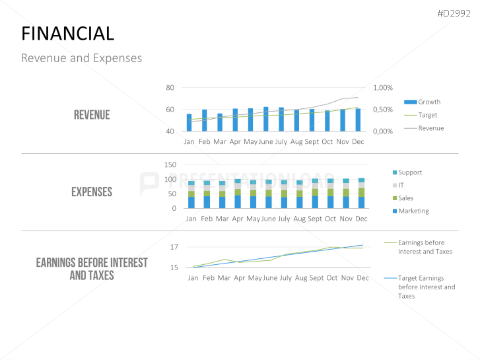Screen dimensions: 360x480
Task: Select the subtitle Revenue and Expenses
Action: tap(81, 58)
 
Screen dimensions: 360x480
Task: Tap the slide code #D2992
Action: tap(455, 13)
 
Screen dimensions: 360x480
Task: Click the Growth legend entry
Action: tap(429, 102)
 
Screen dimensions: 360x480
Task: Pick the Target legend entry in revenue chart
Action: tap(427, 115)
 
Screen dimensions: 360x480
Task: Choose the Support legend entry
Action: tap(409, 172)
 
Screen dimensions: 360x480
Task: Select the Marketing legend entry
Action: tap(413, 211)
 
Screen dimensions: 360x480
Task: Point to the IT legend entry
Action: tap(401, 186)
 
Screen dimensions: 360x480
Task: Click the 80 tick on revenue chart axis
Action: tap(170, 88)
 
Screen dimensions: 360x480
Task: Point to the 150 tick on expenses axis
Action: tap(170, 164)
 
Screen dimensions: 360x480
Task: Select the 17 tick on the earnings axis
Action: tap(174, 247)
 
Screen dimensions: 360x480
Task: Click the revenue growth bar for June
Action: tap(266, 119)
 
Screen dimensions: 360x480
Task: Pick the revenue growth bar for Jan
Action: tap(189, 122)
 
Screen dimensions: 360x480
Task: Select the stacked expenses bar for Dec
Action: tap(361, 193)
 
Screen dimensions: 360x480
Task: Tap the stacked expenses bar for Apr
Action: tap(238, 194)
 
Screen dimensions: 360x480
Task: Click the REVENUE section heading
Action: tap(92, 115)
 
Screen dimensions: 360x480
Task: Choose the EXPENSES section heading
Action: tap(92, 192)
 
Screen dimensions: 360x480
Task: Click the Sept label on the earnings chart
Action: tap(316, 278)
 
